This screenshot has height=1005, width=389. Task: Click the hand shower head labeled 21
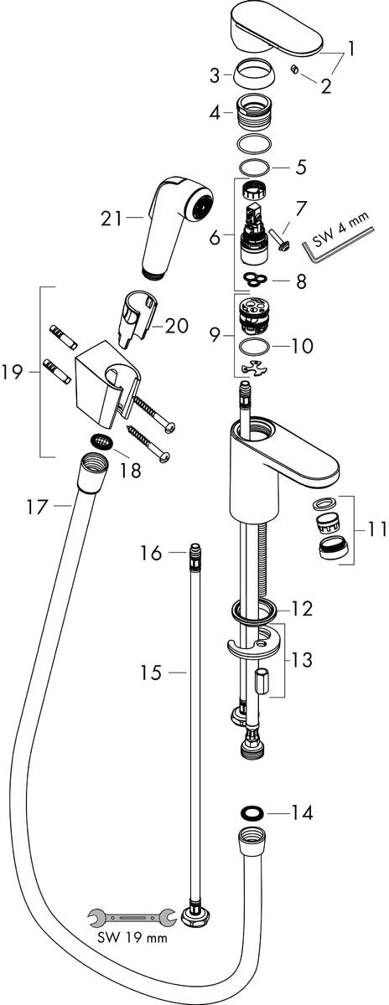pos(175,227)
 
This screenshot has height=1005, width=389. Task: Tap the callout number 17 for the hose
pos(36,507)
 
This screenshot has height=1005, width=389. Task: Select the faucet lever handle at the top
pos(275,33)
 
